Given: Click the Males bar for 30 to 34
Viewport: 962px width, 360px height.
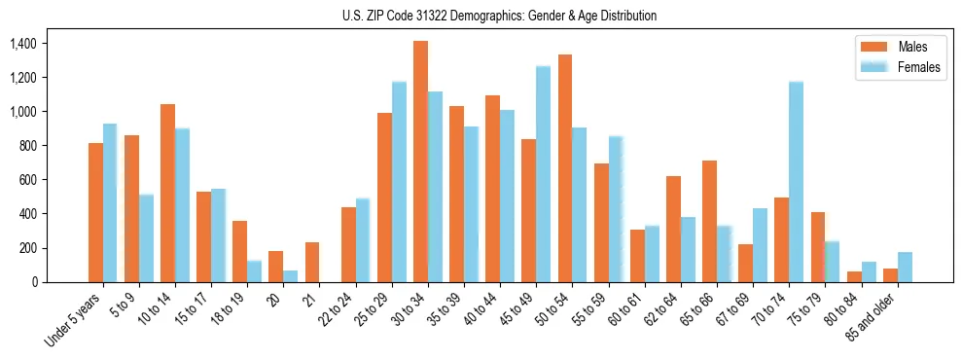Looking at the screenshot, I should (x=420, y=162).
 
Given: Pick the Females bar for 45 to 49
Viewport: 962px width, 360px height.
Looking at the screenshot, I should (x=543, y=174).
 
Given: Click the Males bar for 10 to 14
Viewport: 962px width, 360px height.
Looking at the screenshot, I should (x=167, y=193).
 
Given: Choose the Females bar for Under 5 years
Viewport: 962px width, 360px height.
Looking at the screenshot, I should (x=110, y=203).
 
